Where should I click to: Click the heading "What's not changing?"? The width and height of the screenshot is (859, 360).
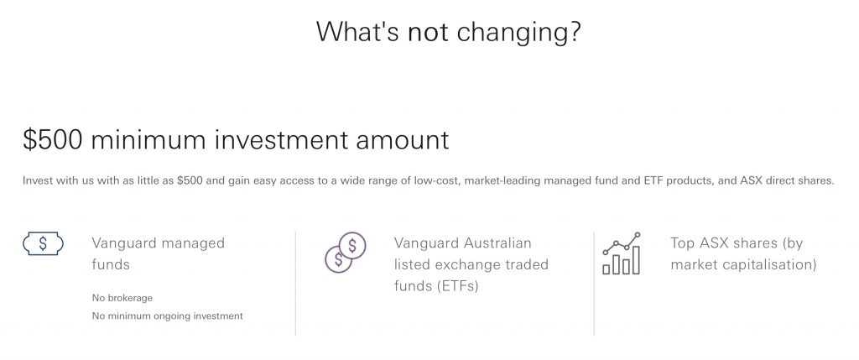tap(448, 31)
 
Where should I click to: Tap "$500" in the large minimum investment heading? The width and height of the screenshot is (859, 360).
tap(53, 139)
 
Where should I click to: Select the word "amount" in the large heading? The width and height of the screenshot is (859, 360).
tap(402, 140)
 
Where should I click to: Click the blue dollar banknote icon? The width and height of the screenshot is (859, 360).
tap(44, 244)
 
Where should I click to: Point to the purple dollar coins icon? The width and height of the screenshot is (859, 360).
tap(345, 252)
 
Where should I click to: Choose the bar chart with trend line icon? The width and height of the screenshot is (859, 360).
tap(622, 253)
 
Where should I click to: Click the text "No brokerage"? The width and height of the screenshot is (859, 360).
tap(122, 298)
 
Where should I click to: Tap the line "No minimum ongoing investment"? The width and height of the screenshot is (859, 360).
tap(167, 316)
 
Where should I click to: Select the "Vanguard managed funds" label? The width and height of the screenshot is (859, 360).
tap(159, 253)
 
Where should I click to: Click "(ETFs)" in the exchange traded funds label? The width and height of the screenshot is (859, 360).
tap(458, 286)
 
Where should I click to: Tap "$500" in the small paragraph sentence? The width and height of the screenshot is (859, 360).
tap(188, 180)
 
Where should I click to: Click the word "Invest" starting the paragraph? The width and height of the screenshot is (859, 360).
tap(36, 181)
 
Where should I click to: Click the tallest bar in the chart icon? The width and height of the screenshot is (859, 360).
tap(636, 260)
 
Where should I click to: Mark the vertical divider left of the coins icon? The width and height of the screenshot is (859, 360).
tap(296, 284)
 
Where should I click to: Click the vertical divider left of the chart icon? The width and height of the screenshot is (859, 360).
tap(594, 284)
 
